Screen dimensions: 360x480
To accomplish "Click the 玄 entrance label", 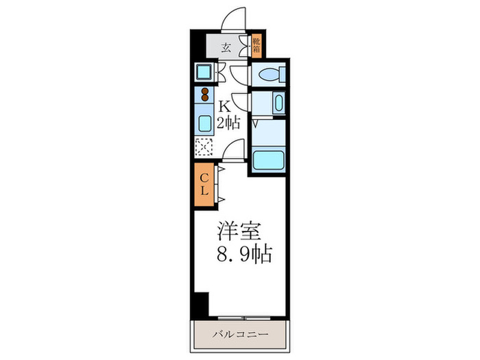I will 225,47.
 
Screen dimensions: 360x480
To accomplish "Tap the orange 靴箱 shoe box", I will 256,46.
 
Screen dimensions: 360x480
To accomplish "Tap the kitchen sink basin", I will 205,124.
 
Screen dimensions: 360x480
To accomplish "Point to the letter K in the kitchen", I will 224,107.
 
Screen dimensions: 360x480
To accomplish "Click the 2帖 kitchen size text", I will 229,124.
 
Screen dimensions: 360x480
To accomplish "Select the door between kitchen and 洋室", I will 235,151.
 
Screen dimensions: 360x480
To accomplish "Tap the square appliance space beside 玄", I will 204,71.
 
